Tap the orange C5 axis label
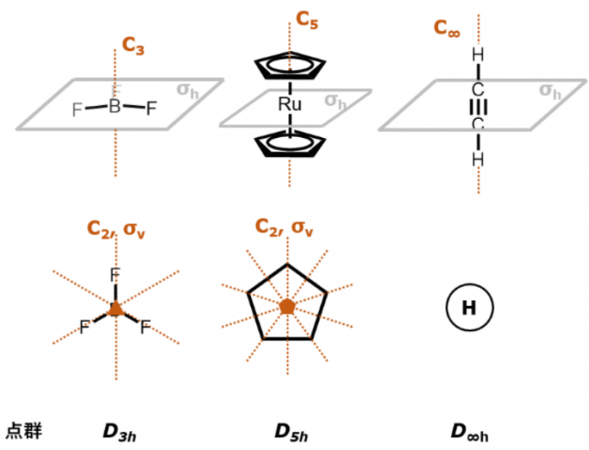pos(307,20)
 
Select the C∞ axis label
pos(447,28)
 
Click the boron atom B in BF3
pos(114,108)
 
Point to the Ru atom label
pos(289,105)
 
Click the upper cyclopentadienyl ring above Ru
pos(289,67)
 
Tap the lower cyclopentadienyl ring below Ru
pos(289,144)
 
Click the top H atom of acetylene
pos(477,55)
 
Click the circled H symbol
pos(469,308)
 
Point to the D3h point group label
pos(120,431)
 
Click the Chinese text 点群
pos(23,430)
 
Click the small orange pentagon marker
pos(288,306)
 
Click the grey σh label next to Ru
pos(336,101)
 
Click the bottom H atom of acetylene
pos(477,160)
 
